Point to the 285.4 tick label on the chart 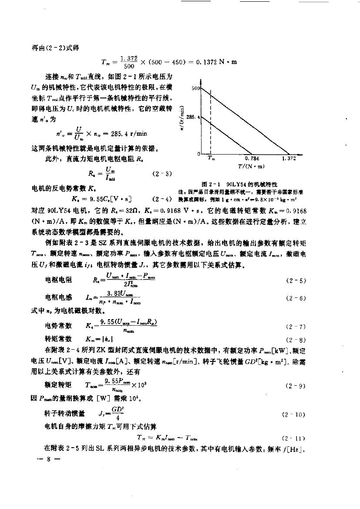[x=192, y=117]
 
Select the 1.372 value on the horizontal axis [x=289, y=158]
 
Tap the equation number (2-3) [x=162, y=174]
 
